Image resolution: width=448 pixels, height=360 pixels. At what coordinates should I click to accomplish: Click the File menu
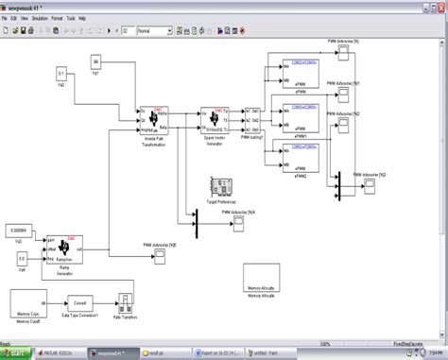tap(6, 18)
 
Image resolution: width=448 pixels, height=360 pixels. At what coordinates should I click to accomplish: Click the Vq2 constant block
tap(60, 73)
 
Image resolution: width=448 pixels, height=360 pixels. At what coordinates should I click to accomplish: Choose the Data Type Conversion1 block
tap(80, 303)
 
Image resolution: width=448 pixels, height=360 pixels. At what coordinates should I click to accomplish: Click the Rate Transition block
tap(123, 302)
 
